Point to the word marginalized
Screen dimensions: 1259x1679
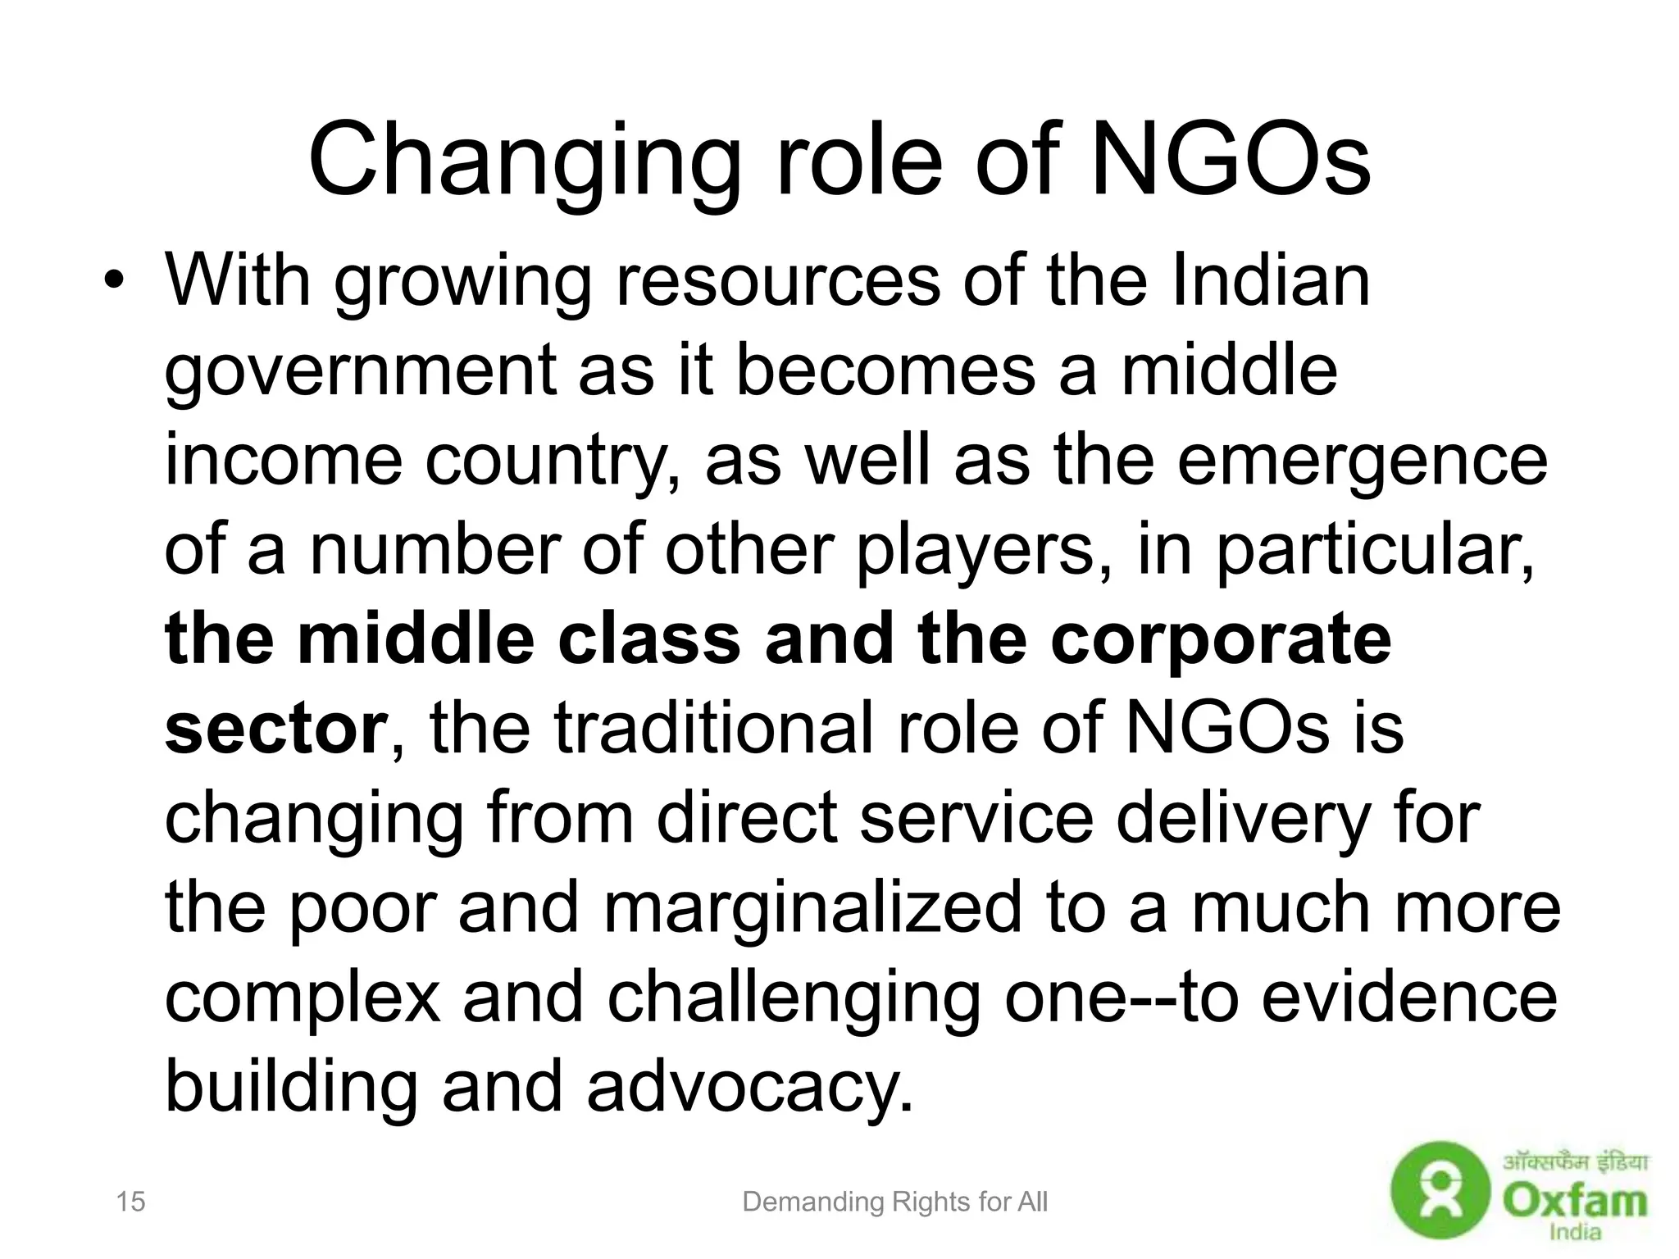click(x=812, y=907)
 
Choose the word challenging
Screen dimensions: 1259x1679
click(x=794, y=997)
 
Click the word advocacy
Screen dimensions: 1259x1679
click(x=748, y=1086)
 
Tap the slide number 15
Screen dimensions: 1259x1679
click(x=130, y=1202)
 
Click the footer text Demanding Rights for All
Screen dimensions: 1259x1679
click(x=894, y=1202)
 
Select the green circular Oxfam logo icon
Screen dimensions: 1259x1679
click(x=1440, y=1202)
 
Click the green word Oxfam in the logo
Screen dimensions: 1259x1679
click(x=1574, y=1202)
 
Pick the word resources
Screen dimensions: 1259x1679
click(x=777, y=280)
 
